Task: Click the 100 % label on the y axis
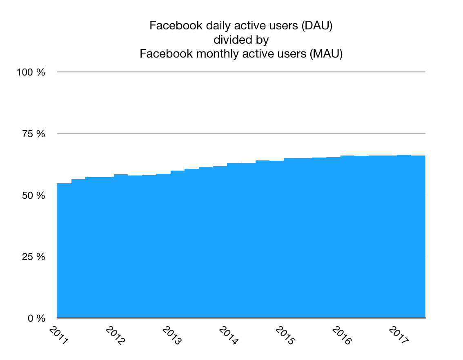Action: (x=31, y=72)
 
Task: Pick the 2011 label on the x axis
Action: (x=59, y=335)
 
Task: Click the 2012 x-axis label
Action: (x=115, y=335)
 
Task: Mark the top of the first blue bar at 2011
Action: (x=64, y=184)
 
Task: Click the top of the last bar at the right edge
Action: (x=418, y=156)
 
